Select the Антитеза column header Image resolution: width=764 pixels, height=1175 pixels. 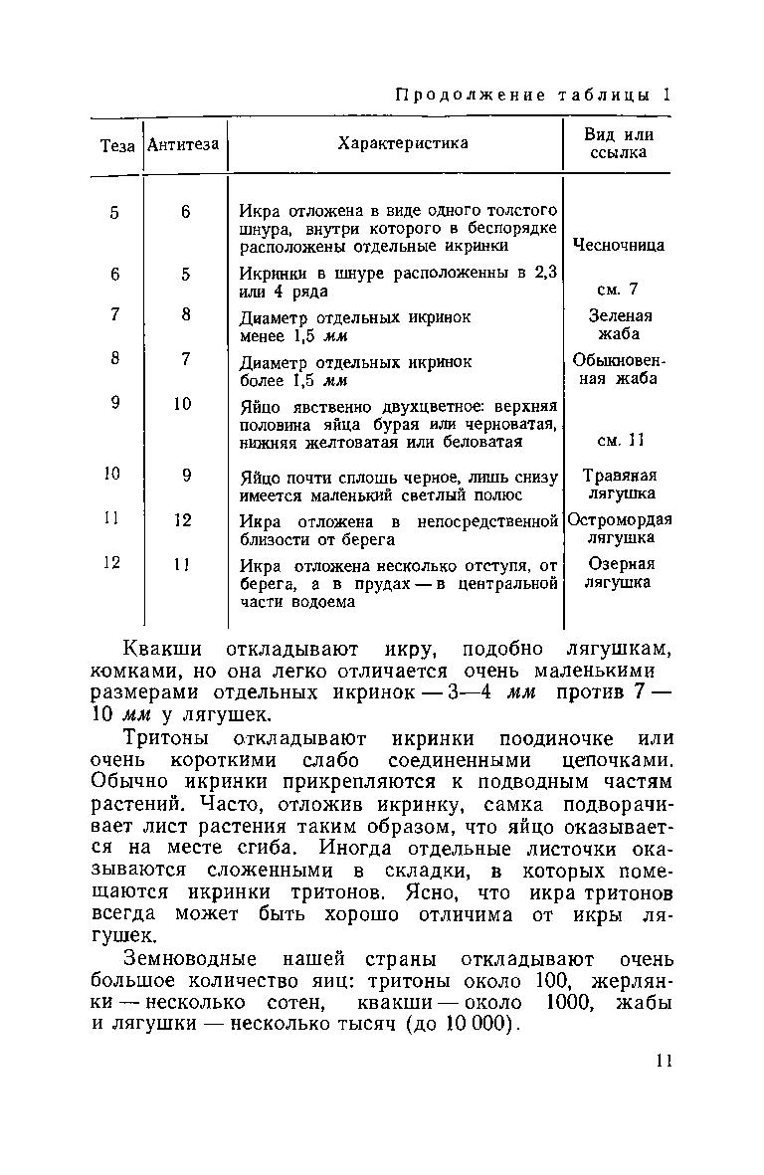click(x=184, y=145)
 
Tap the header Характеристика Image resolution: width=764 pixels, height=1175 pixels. click(x=403, y=144)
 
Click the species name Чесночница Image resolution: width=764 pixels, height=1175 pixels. click(x=619, y=246)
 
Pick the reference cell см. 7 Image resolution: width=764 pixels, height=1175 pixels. click(x=617, y=290)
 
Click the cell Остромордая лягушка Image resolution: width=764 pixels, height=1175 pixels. click(x=619, y=528)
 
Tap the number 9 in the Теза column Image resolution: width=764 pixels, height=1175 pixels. click(x=115, y=404)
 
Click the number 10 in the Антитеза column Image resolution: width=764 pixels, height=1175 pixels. click(x=184, y=404)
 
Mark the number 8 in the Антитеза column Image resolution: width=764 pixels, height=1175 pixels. click(x=185, y=314)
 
